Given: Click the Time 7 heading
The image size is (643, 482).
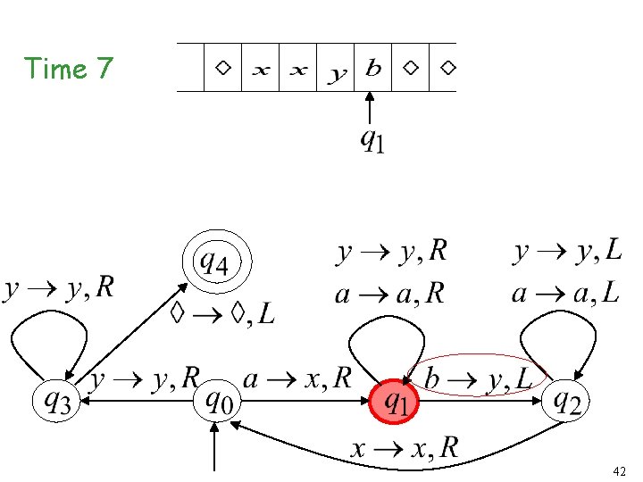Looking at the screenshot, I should (69, 69).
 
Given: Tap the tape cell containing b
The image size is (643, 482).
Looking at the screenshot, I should (374, 68).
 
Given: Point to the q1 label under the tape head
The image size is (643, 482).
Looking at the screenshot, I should (372, 139).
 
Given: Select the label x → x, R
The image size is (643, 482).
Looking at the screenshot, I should (404, 448).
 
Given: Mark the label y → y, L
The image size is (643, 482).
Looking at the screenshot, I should (568, 253).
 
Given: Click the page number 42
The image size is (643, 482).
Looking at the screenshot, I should (619, 470).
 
